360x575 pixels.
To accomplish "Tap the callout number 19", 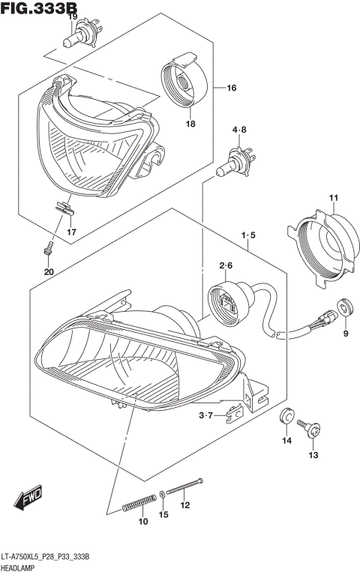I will pyautogui.click(x=73, y=16).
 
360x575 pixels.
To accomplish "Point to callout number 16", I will pyautogui.click(x=231, y=88).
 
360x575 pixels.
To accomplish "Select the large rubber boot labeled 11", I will pyautogui.click(x=322, y=244).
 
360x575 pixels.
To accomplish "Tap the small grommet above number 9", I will pyautogui.click(x=346, y=306).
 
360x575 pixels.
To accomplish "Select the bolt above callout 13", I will pyautogui.click(x=312, y=430).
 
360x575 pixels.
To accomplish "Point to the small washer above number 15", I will pyautogui.click(x=163, y=495).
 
